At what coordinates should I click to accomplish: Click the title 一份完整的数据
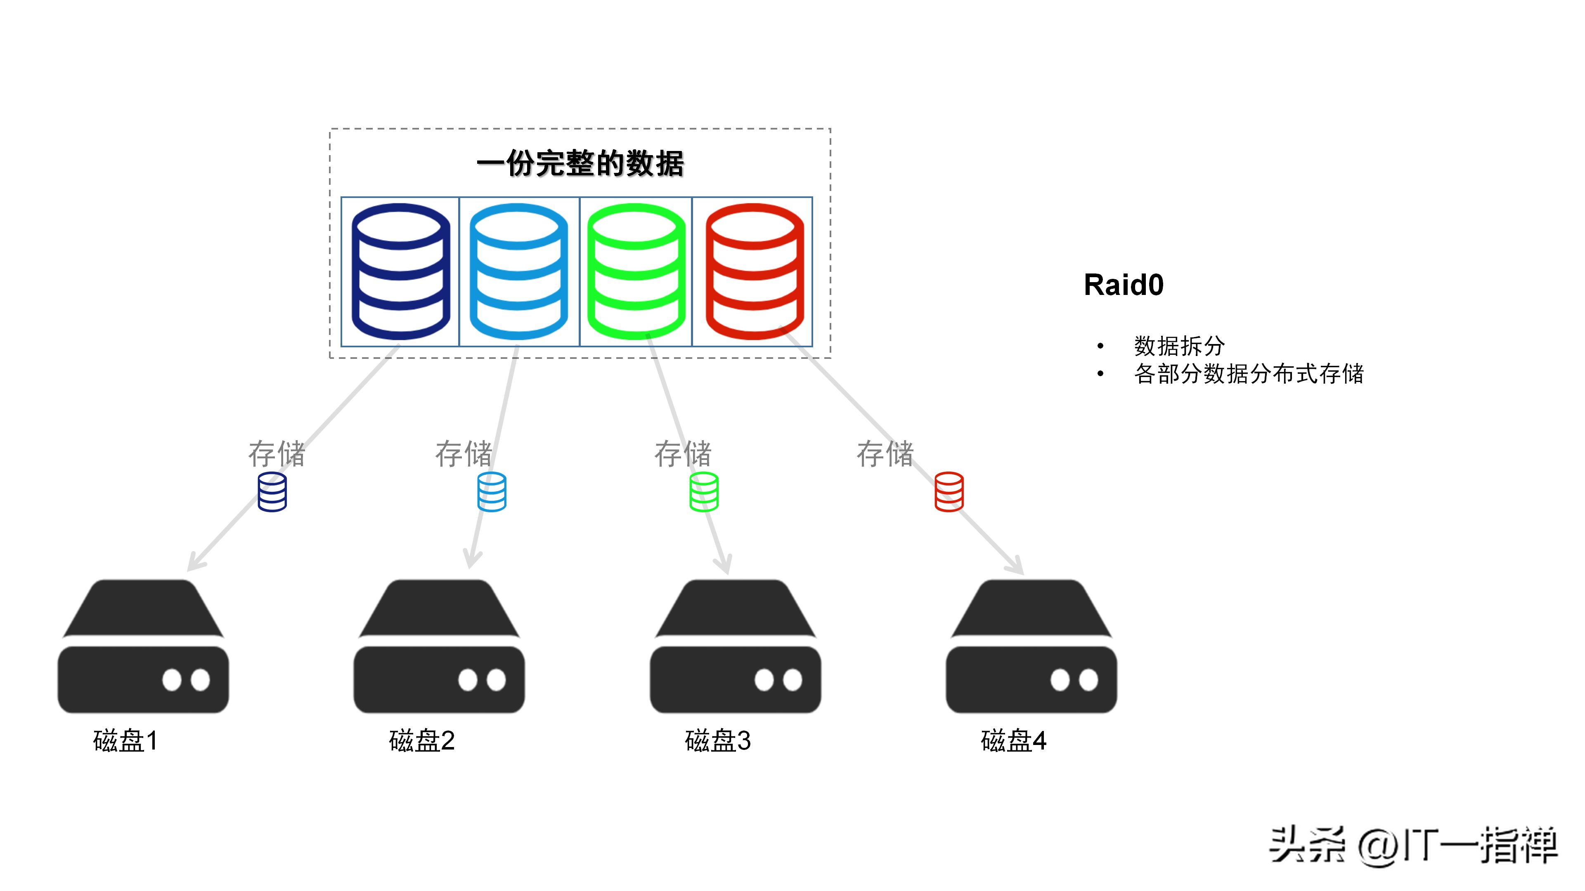coord(580,164)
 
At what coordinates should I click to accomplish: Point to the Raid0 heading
coord(1124,285)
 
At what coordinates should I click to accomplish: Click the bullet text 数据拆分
coord(1179,346)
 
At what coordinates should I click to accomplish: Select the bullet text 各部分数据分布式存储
coord(1249,374)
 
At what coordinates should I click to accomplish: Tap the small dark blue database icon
coord(272,492)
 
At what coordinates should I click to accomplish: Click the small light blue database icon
coord(492,492)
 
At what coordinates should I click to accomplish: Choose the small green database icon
coord(704,492)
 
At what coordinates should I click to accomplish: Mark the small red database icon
coord(949,492)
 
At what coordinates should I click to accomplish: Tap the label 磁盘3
coord(717,740)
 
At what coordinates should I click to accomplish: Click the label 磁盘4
coord(1013,740)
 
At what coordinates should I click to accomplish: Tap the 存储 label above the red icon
coord(885,454)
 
